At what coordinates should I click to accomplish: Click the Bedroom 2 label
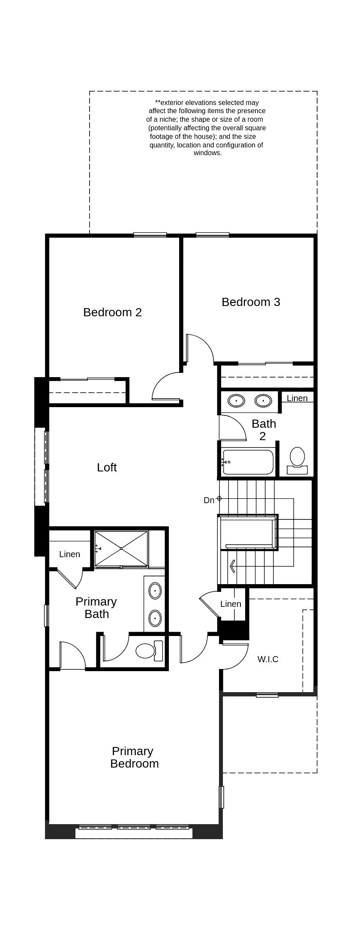(x=112, y=312)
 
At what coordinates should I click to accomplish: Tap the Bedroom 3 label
(x=251, y=302)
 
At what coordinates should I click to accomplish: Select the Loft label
(x=107, y=468)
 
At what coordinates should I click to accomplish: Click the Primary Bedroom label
(x=134, y=757)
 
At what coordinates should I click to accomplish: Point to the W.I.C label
(x=268, y=660)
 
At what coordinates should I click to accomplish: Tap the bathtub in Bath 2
(x=248, y=462)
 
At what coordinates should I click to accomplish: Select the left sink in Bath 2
(x=236, y=401)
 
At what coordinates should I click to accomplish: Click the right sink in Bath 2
(x=263, y=401)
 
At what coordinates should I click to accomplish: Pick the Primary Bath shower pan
(x=121, y=549)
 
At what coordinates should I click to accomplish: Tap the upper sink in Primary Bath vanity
(x=155, y=591)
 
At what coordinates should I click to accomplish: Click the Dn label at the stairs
(x=209, y=501)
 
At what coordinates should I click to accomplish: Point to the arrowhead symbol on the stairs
(x=232, y=567)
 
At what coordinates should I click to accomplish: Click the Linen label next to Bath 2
(x=297, y=399)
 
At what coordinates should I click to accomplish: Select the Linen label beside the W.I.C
(x=231, y=604)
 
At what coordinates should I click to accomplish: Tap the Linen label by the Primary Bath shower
(x=69, y=555)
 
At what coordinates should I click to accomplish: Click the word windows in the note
(x=207, y=153)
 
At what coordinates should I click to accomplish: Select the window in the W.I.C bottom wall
(x=267, y=695)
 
